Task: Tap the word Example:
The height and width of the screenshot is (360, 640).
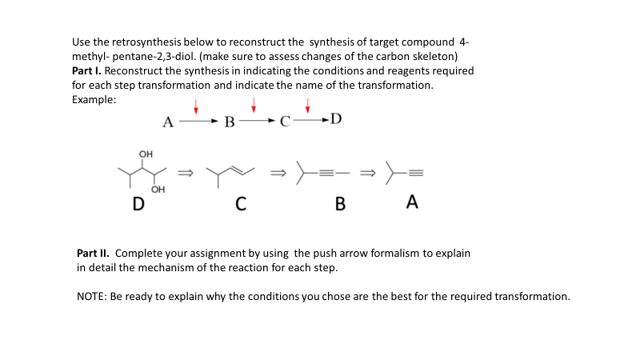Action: point(94,99)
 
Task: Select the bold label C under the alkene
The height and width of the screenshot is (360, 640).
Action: point(240,204)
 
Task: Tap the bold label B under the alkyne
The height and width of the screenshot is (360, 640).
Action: point(339,204)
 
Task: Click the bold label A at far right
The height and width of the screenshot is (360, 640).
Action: point(411,202)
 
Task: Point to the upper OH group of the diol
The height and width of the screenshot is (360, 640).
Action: point(145,154)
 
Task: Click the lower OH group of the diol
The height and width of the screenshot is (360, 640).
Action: point(158,190)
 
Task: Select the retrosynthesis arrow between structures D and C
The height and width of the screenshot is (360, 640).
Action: point(185,172)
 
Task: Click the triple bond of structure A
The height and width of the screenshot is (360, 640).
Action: point(416,173)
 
